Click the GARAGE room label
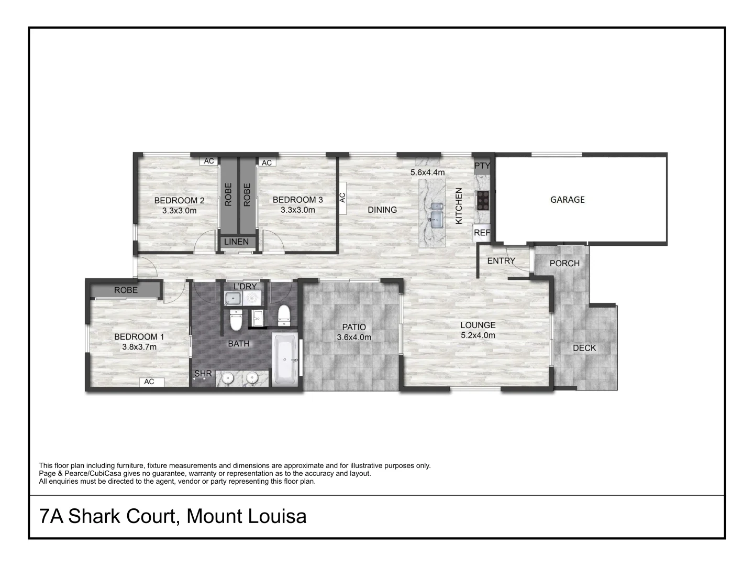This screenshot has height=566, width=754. pos(567,200)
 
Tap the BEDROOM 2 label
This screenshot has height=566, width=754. pos(179,200)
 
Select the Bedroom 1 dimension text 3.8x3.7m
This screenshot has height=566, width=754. pos(139,347)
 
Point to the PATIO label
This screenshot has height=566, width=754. pos(354,327)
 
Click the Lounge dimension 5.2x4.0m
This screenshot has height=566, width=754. pos(478,335)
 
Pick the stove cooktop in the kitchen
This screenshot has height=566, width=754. pos(483,200)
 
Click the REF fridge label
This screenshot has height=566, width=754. pos(482,233)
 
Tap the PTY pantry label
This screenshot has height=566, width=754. pos(482,166)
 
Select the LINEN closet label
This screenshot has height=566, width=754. pos(236,242)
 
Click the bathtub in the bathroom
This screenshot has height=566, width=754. pos(285,360)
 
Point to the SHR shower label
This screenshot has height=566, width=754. pos(203,374)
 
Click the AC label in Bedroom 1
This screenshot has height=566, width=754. pos(149,382)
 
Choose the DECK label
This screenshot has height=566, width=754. pos(584,348)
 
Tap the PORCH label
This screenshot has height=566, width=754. pos(564,263)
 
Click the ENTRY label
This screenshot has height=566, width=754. pos(501,261)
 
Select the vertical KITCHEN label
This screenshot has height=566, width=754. pos(459,206)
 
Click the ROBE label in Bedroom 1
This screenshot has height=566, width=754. pos(126,290)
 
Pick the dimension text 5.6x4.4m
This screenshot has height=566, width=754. pos(427,172)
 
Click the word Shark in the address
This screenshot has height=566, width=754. pos(94,516)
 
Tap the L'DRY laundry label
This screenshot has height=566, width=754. pos(245,286)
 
